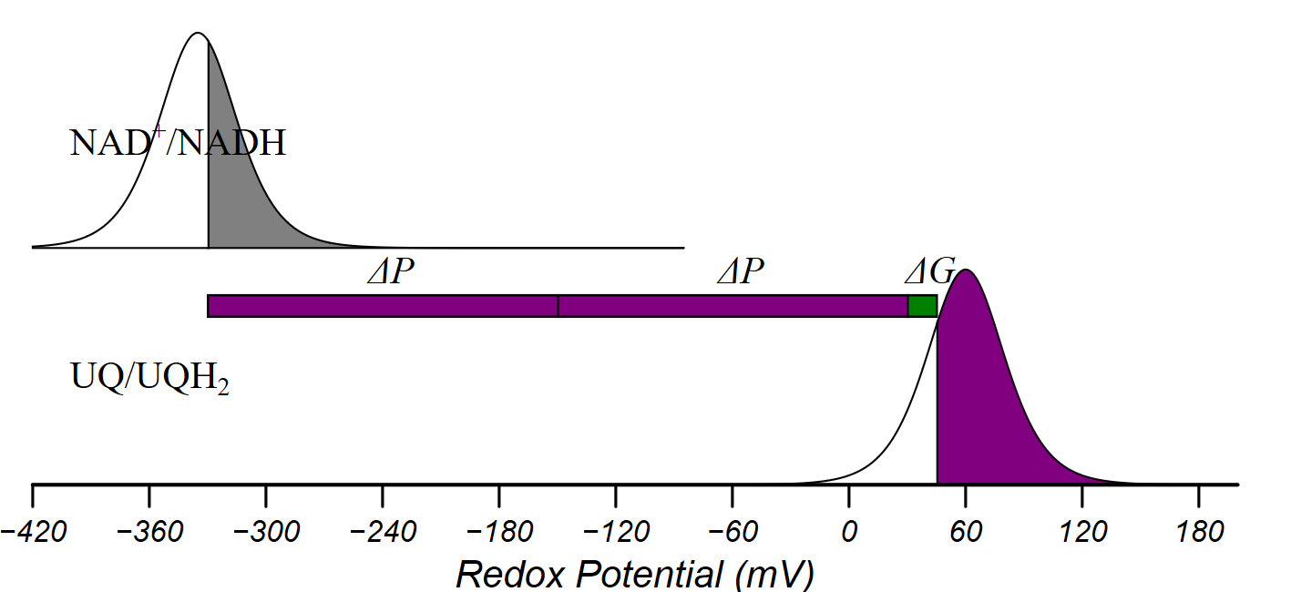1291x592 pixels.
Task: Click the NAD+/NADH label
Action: (178, 143)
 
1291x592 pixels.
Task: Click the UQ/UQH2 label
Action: (149, 377)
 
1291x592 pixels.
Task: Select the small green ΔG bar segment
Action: (922, 306)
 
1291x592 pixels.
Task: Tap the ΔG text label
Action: (929, 270)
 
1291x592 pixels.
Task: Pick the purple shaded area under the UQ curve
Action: (984, 410)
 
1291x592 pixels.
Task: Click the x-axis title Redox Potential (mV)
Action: (634, 575)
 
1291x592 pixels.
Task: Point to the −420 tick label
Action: (33, 531)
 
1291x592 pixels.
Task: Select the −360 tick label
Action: (149, 531)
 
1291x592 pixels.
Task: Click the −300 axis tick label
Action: (265, 531)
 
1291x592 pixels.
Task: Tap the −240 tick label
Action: (382, 531)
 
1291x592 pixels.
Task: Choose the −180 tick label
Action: (498, 531)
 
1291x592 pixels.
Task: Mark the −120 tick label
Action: (615, 531)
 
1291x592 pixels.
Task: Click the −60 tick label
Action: (732, 531)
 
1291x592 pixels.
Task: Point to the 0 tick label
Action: (849, 531)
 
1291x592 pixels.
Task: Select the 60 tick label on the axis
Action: (966, 531)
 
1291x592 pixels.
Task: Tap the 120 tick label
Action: (1081, 531)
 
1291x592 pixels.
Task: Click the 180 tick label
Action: (1198, 531)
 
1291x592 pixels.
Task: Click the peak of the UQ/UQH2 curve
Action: (966, 270)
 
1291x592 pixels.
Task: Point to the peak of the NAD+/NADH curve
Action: (196, 34)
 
